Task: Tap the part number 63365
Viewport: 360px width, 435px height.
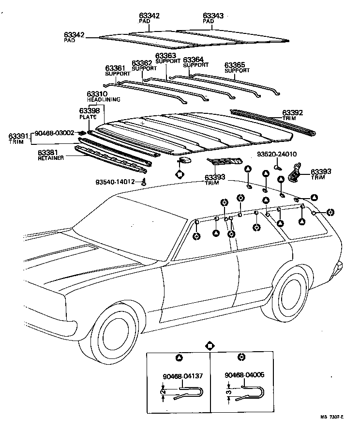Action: click(x=235, y=64)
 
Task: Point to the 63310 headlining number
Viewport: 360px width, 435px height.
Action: click(x=97, y=94)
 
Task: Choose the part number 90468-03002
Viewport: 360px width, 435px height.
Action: click(x=54, y=133)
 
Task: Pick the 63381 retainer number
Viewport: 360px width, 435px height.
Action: click(x=48, y=153)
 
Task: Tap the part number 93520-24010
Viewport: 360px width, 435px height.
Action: click(x=277, y=155)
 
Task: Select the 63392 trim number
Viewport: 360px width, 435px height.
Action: click(x=293, y=113)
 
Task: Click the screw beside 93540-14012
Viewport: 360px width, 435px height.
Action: click(x=144, y=183)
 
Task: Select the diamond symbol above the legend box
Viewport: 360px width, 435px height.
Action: click(x=210, y=346)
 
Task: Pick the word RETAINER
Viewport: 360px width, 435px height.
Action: click(x=50, y=158)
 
